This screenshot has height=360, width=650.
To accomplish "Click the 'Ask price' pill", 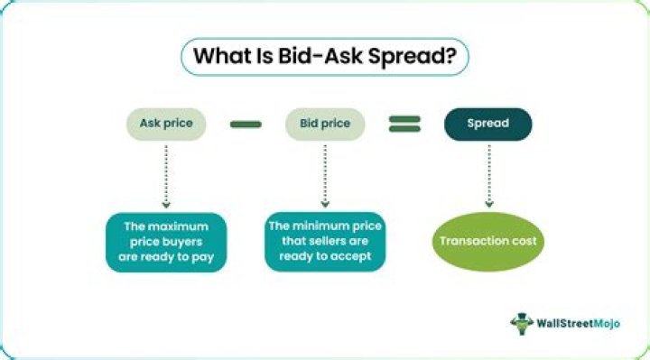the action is tap(166, 124).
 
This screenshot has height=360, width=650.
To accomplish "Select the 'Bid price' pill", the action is tap(325, 124).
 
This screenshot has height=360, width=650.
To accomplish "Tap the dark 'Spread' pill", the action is tap(487, 124).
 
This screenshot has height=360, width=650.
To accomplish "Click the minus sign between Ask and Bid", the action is tap(246, 125).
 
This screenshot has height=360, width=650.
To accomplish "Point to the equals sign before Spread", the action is tap(404, 124).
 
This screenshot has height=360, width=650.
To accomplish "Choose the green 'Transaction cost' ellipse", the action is tap(487, 242).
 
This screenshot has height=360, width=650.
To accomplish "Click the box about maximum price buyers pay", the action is tap(166, 243).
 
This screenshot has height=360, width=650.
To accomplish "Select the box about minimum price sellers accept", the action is tap(325, 242).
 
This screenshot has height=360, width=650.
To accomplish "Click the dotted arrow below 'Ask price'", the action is tap(166, 176).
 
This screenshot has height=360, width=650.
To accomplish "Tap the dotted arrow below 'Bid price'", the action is tap(325, 176).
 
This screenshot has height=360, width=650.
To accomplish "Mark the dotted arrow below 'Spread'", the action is tap(489, 176).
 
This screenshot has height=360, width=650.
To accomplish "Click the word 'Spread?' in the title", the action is tap(412, 57).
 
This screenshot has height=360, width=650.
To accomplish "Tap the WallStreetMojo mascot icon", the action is tap(522, 324).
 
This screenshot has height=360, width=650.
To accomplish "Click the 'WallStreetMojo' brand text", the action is tap(579, 324).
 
